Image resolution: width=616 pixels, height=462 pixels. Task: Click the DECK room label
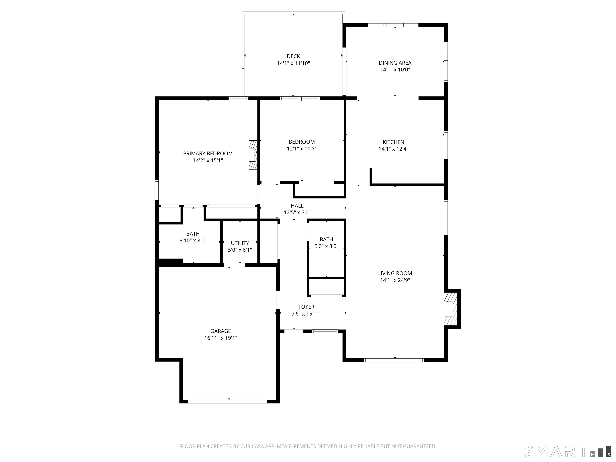pyautogui.click(x=293, y=57)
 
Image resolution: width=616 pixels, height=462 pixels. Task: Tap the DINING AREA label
pyautogui.click(x=395, y=63)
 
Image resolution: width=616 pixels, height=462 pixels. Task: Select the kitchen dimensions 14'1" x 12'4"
pyautogui.click(x=393, y=149)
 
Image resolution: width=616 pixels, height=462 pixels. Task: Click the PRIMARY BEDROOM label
pyautogui.click(x=208, y=153)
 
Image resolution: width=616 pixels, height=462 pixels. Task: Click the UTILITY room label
pyautogui.click(x=240, y=243)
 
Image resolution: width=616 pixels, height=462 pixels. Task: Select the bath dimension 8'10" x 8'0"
pyautogui.click(x=193, y=241)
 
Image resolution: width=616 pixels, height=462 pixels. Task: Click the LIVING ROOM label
pyautogui.click(x=395, y=274)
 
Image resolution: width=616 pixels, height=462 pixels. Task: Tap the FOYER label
pyautogui.click(x=306, y=307)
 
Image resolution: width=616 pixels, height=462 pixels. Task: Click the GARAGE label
pyautogui.click(x=221, y=331)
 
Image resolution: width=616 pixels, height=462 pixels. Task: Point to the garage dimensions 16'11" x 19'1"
pyautogui.click(x=221, y=338)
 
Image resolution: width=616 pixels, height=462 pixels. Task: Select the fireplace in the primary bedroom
pyautogui.click(x=253, y=155)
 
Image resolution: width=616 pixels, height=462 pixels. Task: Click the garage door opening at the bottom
pyautogui.click(x=228, y=401)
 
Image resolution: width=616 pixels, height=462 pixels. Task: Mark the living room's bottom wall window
pyautogui.click(x=394, y=360)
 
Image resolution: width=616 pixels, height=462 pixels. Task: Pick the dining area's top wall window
pyautogui.click(x=393, y=25)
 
